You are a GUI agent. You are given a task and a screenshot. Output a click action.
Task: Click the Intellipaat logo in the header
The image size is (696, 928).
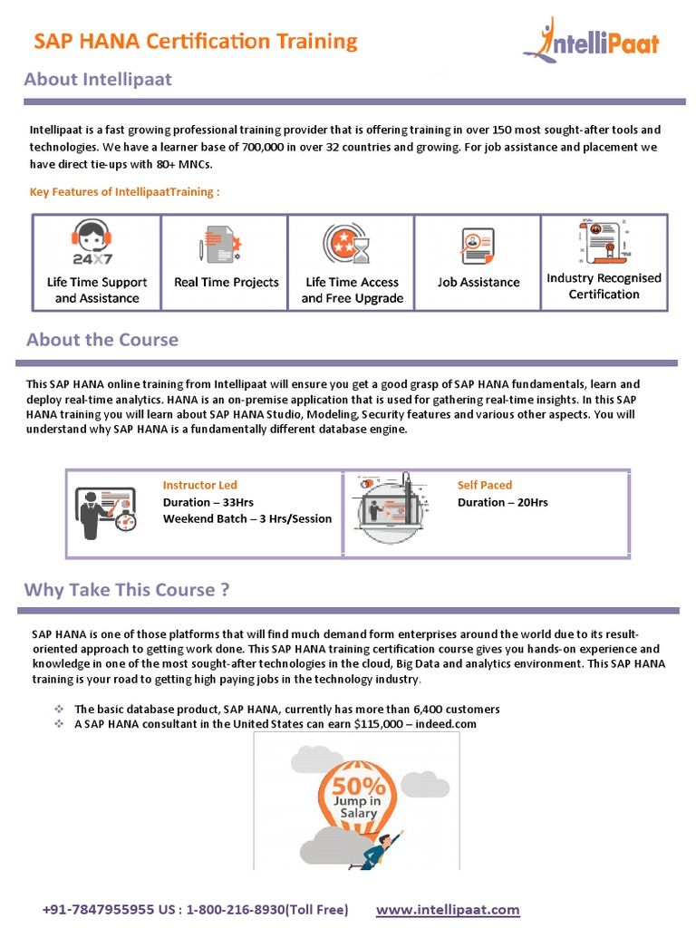(x=591, y=42)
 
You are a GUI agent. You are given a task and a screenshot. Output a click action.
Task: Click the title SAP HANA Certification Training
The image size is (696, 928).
(x=196, y=41)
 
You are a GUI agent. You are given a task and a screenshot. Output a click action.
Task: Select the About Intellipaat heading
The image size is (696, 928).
(x=98, y=80)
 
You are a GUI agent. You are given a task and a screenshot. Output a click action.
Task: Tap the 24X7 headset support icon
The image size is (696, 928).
(x=92, y=244)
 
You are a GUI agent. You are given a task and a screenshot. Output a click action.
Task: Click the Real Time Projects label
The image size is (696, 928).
(x=226, y=282)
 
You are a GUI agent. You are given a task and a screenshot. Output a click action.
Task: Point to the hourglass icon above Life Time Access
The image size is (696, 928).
(x=361, y=249)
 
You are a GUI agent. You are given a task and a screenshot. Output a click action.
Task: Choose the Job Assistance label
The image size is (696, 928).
(x=478, y=282)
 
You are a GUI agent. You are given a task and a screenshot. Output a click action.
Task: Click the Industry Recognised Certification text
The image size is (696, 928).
(x=604, y=285)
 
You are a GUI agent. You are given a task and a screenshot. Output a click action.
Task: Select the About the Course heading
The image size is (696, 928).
(x=102, y=340)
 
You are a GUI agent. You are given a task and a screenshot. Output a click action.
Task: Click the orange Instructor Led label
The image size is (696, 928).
(x=199, y=485)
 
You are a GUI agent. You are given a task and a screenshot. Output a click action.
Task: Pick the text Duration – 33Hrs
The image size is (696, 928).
(x=208, y=502)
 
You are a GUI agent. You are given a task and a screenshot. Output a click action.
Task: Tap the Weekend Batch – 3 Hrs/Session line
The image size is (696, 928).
(x=247, y=519)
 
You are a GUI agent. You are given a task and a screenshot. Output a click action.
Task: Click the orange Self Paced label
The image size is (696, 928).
(x=484, y=485)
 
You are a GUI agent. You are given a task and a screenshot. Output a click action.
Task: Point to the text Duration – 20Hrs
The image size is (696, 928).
(x=502, y=502)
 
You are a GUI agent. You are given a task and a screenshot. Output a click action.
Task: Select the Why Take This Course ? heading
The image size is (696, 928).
(x=127, y=590)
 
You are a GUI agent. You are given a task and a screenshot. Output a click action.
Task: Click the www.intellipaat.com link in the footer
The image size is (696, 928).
(x=448, y=909)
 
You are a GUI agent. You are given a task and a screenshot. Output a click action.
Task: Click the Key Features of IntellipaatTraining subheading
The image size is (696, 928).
(x=125, y=191)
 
